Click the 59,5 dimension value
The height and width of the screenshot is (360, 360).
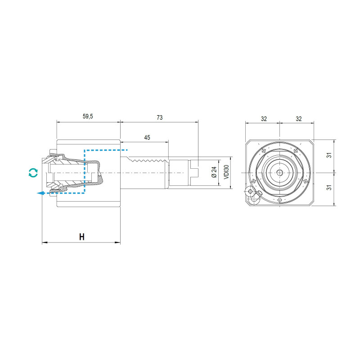[x=88, y=116]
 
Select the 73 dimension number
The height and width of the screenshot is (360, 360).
[x=160, y=117]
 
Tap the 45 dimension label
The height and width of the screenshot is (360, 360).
[x=147, y=137]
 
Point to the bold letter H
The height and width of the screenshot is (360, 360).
[x=82, y=237]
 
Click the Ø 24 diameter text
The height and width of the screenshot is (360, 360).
[x=214, y=172]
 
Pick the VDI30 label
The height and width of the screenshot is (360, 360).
[x=226, y=172]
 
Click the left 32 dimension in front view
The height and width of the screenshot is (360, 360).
[x=264, y=119]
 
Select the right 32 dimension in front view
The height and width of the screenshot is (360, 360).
[x=298, y=119]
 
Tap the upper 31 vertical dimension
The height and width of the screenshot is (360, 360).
[x=329, y=155]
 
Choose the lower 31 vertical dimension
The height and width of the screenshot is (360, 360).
[x=329, y=187]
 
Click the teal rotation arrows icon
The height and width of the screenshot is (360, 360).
[x=33, y=173]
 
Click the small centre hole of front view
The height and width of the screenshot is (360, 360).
[x=279, y=173]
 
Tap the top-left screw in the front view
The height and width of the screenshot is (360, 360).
[x=264, y=151]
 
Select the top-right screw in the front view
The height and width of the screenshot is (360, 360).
[x=296, y=151]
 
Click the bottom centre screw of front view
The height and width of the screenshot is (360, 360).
[x=279, y=200]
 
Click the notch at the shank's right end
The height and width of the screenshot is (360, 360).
[x=195, y=173]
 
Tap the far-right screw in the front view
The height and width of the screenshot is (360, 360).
[x=306, y=181]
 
